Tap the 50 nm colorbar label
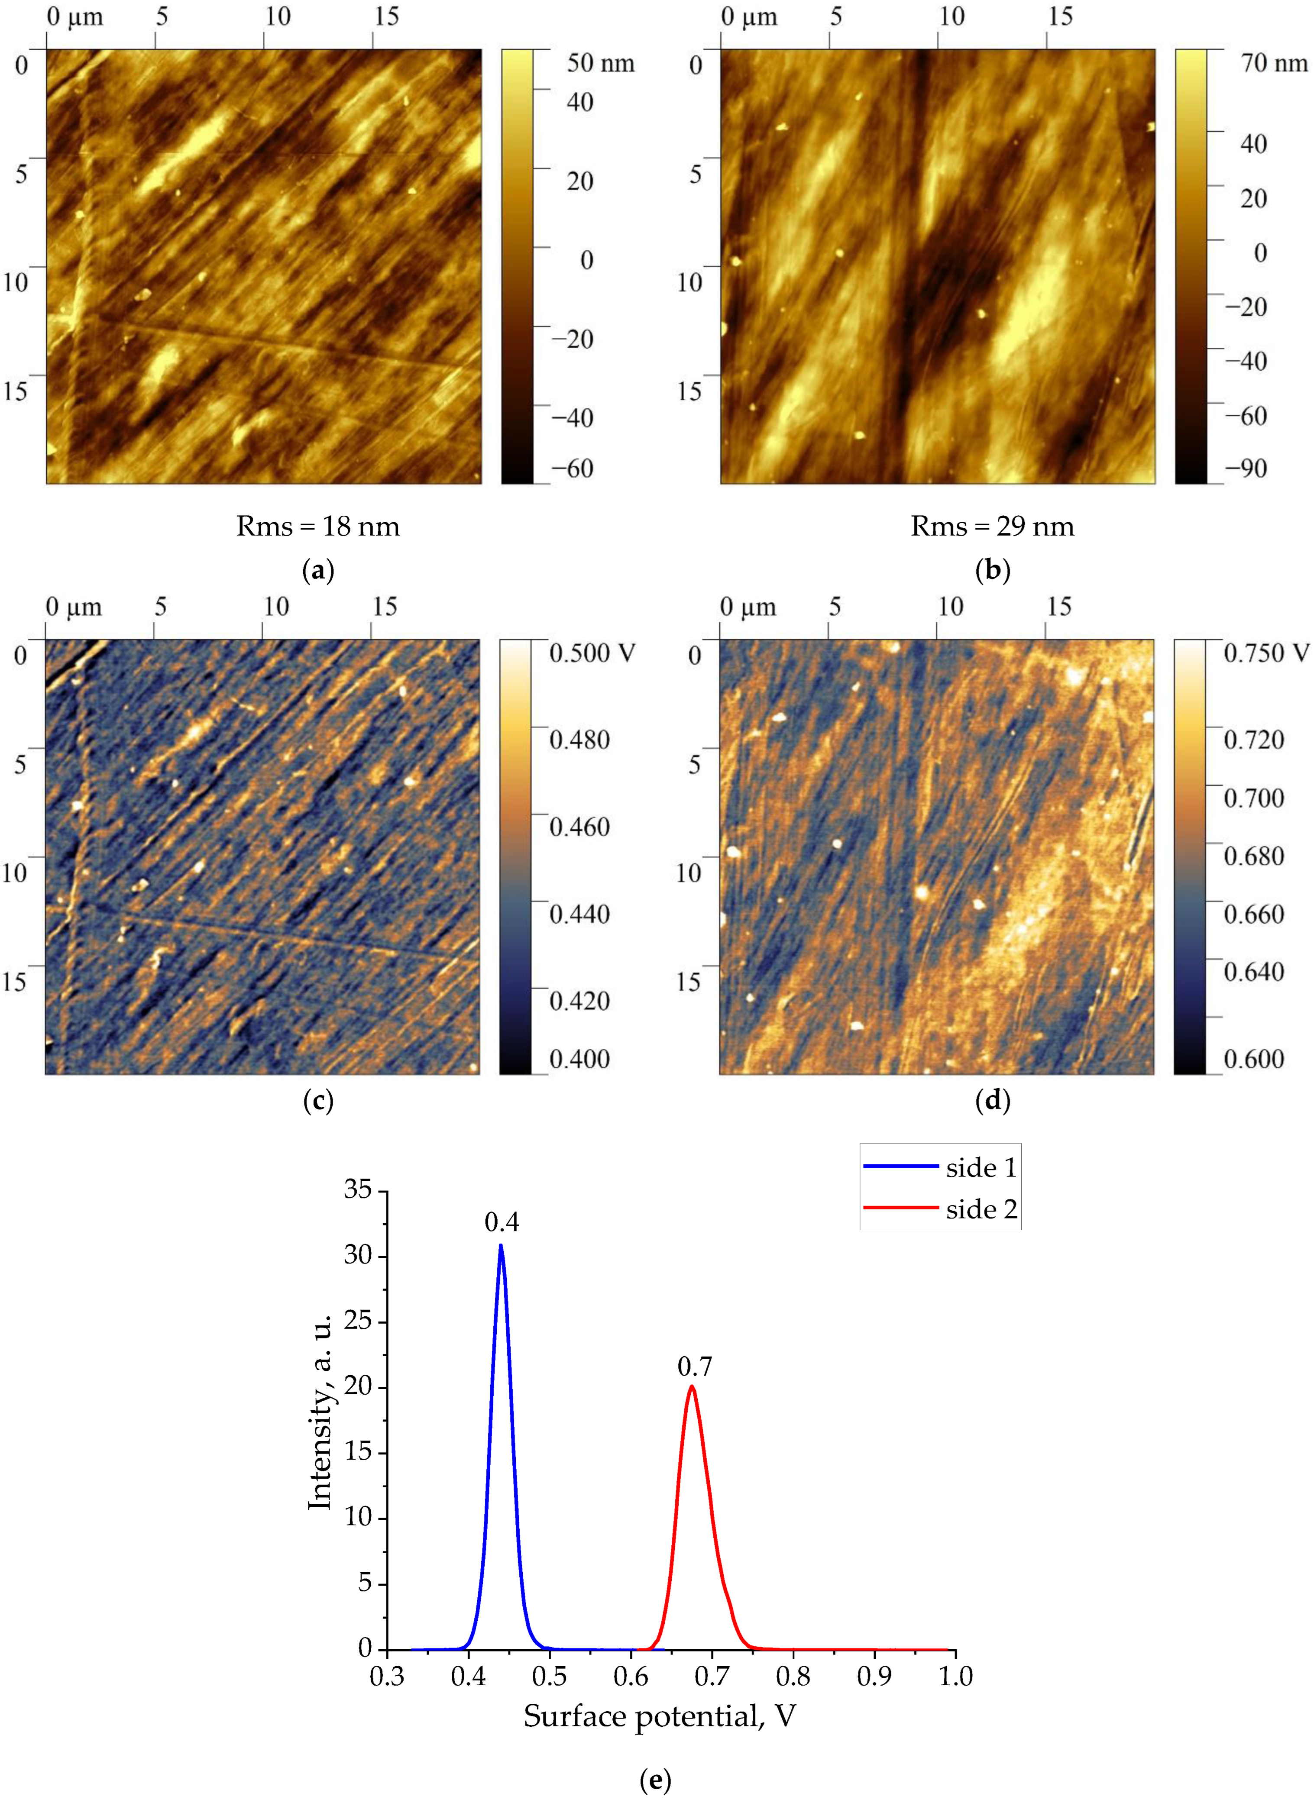601,64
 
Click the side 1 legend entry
981,1167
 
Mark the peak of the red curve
692,1386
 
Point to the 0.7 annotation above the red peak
694,1367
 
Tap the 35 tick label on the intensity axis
358,1189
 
